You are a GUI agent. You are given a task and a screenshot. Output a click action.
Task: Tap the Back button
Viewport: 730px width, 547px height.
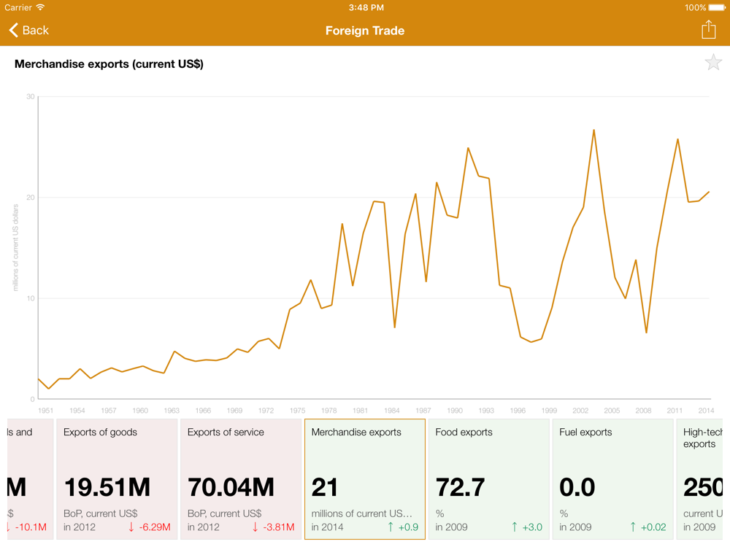[x=29, y=31]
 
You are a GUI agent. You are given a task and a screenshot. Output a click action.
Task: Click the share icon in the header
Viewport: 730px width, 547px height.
[x=708, y=29]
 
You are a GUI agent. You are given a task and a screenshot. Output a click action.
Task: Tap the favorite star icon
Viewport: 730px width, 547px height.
[x=712, y=63]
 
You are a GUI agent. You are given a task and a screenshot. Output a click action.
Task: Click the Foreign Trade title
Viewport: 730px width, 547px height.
[x=365, y=31]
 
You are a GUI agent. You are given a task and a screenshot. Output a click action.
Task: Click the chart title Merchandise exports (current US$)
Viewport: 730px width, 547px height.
[x=109, y=64]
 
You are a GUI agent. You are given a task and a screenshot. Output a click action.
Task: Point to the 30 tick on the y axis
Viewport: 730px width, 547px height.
[x=30, y=96]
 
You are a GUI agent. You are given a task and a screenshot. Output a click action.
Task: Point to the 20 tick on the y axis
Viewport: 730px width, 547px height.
[x=30, y=198]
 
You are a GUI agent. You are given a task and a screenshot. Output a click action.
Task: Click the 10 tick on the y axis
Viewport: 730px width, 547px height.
[x=30, y=298]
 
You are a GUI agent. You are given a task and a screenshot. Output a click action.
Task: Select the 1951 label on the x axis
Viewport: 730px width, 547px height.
[x=45, y=411]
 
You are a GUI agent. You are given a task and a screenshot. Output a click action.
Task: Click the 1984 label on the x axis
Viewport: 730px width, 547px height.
[x=391, y=411]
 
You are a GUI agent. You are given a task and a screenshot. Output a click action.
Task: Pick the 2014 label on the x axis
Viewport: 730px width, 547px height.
[x=705, y=411]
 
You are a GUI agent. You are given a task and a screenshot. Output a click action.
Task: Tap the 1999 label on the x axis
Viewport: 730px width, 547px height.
[x=549, y=411]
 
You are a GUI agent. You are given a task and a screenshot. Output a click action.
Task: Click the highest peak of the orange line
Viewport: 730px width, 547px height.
[x=593, y=131]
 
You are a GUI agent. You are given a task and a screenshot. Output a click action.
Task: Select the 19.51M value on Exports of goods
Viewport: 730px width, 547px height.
[x=107, y=487]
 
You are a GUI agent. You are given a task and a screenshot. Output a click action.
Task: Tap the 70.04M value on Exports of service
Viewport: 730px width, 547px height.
[x=231, y=487]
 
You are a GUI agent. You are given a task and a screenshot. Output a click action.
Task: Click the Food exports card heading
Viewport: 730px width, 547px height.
[x=464, y=432]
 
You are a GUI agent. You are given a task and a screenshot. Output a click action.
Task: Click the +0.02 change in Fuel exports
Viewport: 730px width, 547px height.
[x=648, y=527]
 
